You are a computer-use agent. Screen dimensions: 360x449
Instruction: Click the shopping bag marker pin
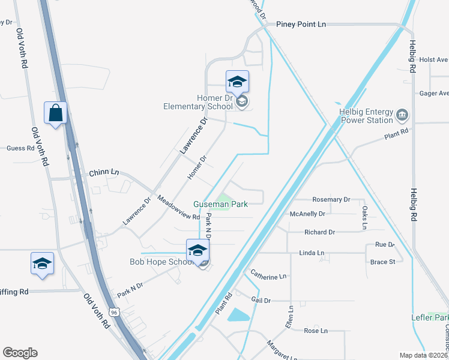click(55, 113)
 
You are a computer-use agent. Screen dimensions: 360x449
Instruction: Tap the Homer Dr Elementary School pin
click(237, 82)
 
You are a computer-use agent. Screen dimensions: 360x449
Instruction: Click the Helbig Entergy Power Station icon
click(402, 114)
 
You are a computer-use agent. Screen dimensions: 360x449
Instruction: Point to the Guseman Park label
click(220, 204)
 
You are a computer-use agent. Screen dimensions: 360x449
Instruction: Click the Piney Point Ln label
click(301, 24)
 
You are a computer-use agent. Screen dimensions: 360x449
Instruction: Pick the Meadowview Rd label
click(178, 208)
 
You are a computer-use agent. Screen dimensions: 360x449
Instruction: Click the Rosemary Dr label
click(331, 199)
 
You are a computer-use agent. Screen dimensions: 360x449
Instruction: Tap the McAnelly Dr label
click(307, 213)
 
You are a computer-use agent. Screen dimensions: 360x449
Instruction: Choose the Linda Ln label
click(312, 253)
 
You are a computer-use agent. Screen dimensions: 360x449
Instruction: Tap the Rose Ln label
click(316, 331)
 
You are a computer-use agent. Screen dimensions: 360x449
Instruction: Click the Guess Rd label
click(21, 148)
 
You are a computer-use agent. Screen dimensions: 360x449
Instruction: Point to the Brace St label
click(382, 262)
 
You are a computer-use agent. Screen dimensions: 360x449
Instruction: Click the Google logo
click(20, 353)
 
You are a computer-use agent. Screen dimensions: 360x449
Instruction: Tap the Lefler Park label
click(430, 317)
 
